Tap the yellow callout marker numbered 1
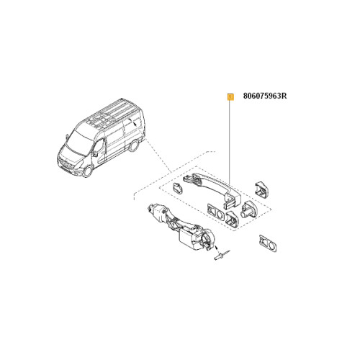point(230,95)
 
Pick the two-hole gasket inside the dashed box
point(215,212)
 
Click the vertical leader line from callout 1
point(230,144)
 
